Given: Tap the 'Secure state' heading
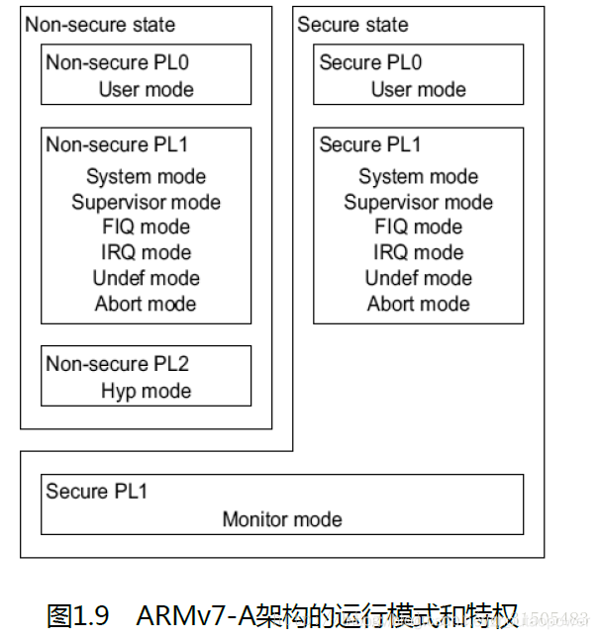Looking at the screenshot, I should (x=352, y=25).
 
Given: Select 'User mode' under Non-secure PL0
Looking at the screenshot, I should (x=146, y=89).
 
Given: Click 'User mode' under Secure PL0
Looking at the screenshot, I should (x=418, y=89).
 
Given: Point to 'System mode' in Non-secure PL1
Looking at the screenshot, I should (x=146, y=177).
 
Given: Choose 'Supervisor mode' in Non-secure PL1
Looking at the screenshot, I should (x=146, y=203).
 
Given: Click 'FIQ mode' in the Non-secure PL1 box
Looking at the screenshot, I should (x=146, y=228).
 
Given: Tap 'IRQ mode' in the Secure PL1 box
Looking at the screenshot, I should (x=418, y=252).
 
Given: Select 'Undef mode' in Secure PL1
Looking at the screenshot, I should (x=418, y=278).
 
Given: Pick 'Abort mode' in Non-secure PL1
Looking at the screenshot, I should (x=146, y=304).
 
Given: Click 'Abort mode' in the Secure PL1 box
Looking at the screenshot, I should (x=418, y=304).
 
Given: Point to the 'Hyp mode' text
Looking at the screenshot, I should (x=146, y=391).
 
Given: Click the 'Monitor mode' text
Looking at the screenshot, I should (x=282, y=518).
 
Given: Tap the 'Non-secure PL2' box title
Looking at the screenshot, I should (x=117, y=364).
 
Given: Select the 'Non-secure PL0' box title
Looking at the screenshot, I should (x=117, y=62).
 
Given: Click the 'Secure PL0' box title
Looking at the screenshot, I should (x=370, y=62).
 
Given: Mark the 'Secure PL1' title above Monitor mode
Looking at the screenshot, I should (x=96, y=492).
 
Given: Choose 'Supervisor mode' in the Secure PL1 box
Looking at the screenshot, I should (x=418, y=203).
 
